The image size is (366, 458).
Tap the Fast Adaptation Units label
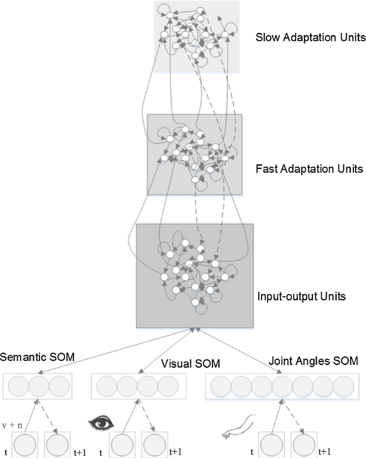309,169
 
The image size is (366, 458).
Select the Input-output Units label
302,296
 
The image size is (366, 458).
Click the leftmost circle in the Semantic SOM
19,386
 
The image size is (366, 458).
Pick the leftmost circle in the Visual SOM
106,386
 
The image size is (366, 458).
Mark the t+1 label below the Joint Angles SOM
325,452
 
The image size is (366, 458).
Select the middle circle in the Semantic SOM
39,386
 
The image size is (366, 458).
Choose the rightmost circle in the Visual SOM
168,386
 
